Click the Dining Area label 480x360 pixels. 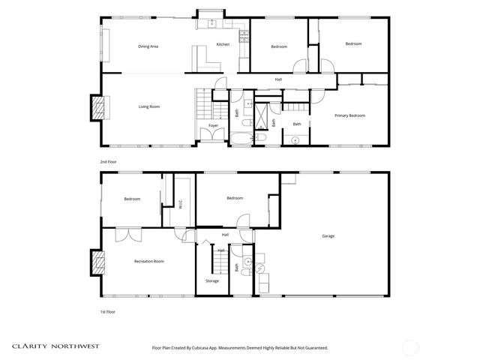click(148, 46)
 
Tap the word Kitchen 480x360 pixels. click(223, 45)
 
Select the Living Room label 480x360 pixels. click(149, 106)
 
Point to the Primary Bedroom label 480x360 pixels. click(350, 115)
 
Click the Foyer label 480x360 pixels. click(213, 125)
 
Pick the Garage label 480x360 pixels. click(328, 236)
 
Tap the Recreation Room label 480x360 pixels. click(148, 261)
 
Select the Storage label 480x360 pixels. click(212, 280)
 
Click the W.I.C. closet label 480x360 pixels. click(180, 204)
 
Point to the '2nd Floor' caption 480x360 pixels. click(109, 161)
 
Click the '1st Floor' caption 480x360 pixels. click(109, 311)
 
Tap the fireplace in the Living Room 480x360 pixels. click(97, 107)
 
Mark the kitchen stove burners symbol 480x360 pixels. click(242, 35)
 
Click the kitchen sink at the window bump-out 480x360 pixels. click(212, 23)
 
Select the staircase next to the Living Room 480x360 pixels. click(202, 100)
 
